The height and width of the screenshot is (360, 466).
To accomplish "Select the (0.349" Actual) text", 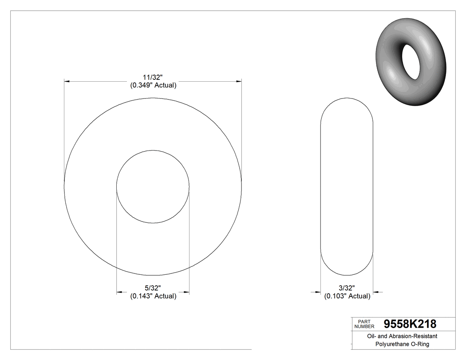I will click(x=153, y=85).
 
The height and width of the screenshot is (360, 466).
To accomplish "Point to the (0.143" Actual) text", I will click(x=153, y=296).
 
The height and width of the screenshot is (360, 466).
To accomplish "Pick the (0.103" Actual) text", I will click(x=347, y=296).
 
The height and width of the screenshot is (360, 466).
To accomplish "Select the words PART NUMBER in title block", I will click(x=364, y=324).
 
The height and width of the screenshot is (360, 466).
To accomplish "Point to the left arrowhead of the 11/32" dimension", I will click(x=67, y=82).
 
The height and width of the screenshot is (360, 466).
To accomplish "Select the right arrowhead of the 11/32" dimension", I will click(x=238, y=82).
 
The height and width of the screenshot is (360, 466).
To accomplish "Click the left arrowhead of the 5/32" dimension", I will click(x=119, y=292).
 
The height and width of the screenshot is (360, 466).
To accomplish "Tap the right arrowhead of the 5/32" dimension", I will click(x=186, y=292).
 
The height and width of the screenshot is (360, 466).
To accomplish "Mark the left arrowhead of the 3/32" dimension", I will click(x=317, y=292).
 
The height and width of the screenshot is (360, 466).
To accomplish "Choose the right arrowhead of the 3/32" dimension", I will click(x=377, y=292).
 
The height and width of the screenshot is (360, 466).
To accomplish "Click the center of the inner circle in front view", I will click(x=153, y=186).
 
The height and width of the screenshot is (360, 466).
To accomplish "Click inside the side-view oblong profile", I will click(x=347, y=186).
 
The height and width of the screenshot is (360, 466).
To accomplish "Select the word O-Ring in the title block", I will click(x=420, y=344).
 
